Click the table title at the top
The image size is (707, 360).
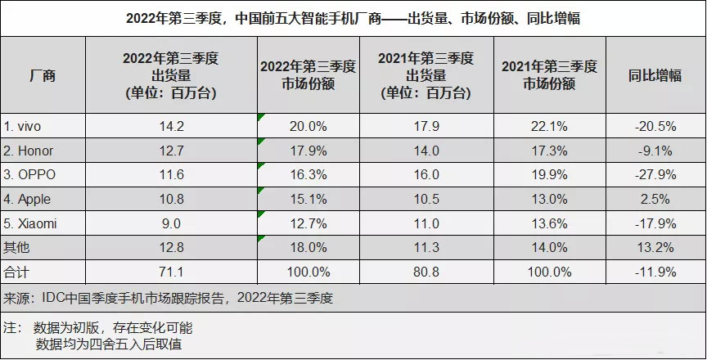click(353, 17)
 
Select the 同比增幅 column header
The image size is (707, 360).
click(654, 75)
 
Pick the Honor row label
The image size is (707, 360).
click(29, 151)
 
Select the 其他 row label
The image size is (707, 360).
click(17, 246)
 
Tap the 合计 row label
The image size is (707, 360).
click(17, 270)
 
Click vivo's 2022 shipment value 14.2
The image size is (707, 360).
click(170, 127)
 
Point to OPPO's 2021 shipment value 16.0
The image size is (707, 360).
click(426, 175)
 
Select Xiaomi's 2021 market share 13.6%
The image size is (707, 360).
click(548, 223)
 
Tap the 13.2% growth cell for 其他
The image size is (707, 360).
click(654, 246)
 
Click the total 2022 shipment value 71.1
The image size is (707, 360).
click(170, 270)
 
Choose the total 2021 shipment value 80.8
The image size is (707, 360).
click(426, 270)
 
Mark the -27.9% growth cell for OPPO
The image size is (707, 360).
click(654, 175)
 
